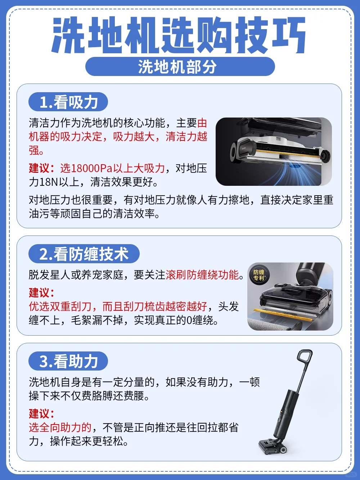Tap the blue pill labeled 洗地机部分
click(180, 67)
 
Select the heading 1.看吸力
click(68, 102)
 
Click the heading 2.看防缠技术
click(84, 254)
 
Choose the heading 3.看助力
click(68, 361)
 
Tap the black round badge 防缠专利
click(259, 275)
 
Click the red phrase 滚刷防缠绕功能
click(202, 275)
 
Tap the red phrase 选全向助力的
click(60, 427)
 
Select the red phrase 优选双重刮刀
click(60, 306)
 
